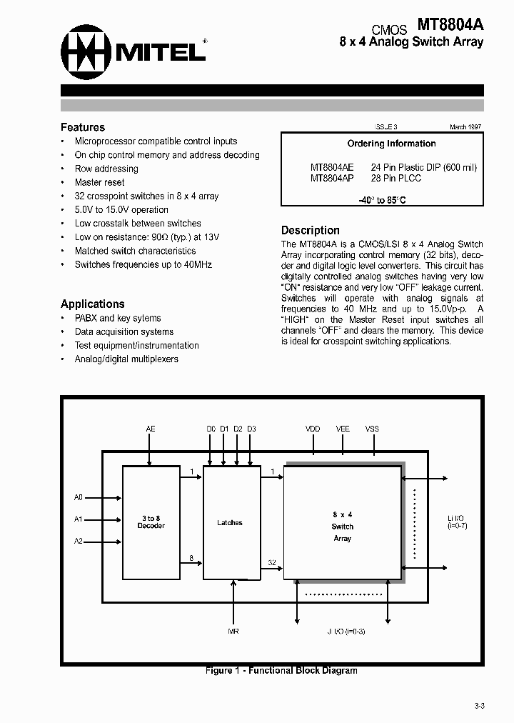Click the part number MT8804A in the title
click(450, 25)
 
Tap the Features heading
click(83, 127)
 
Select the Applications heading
click(93, 304)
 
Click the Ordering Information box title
click(391, 144)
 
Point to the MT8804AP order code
click(332, 178)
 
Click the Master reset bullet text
click(99, 182)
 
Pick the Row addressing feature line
click(106, 169)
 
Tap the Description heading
click(310, 230)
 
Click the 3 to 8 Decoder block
click(151, 522)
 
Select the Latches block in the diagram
click(230, 523)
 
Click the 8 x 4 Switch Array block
click(343, 526)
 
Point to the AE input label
click(151, 429)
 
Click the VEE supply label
click(343, 429)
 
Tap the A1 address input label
click(79, 519)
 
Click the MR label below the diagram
click(233, 632)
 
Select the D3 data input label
click(251, 429)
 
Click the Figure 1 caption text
click(281, 670)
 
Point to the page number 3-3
click(479, 706)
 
